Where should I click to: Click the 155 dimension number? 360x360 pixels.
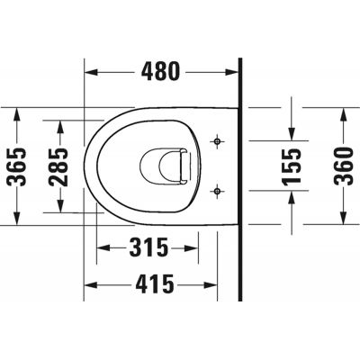pos(290,166)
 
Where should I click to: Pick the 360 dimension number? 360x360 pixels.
pos(344,166)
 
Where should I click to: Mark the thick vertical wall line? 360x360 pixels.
pos(240,180)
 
